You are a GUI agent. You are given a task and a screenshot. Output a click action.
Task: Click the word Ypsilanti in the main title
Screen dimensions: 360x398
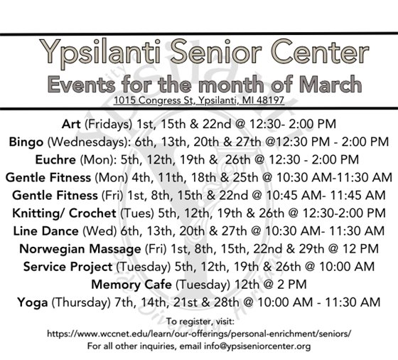pos(98,52)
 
